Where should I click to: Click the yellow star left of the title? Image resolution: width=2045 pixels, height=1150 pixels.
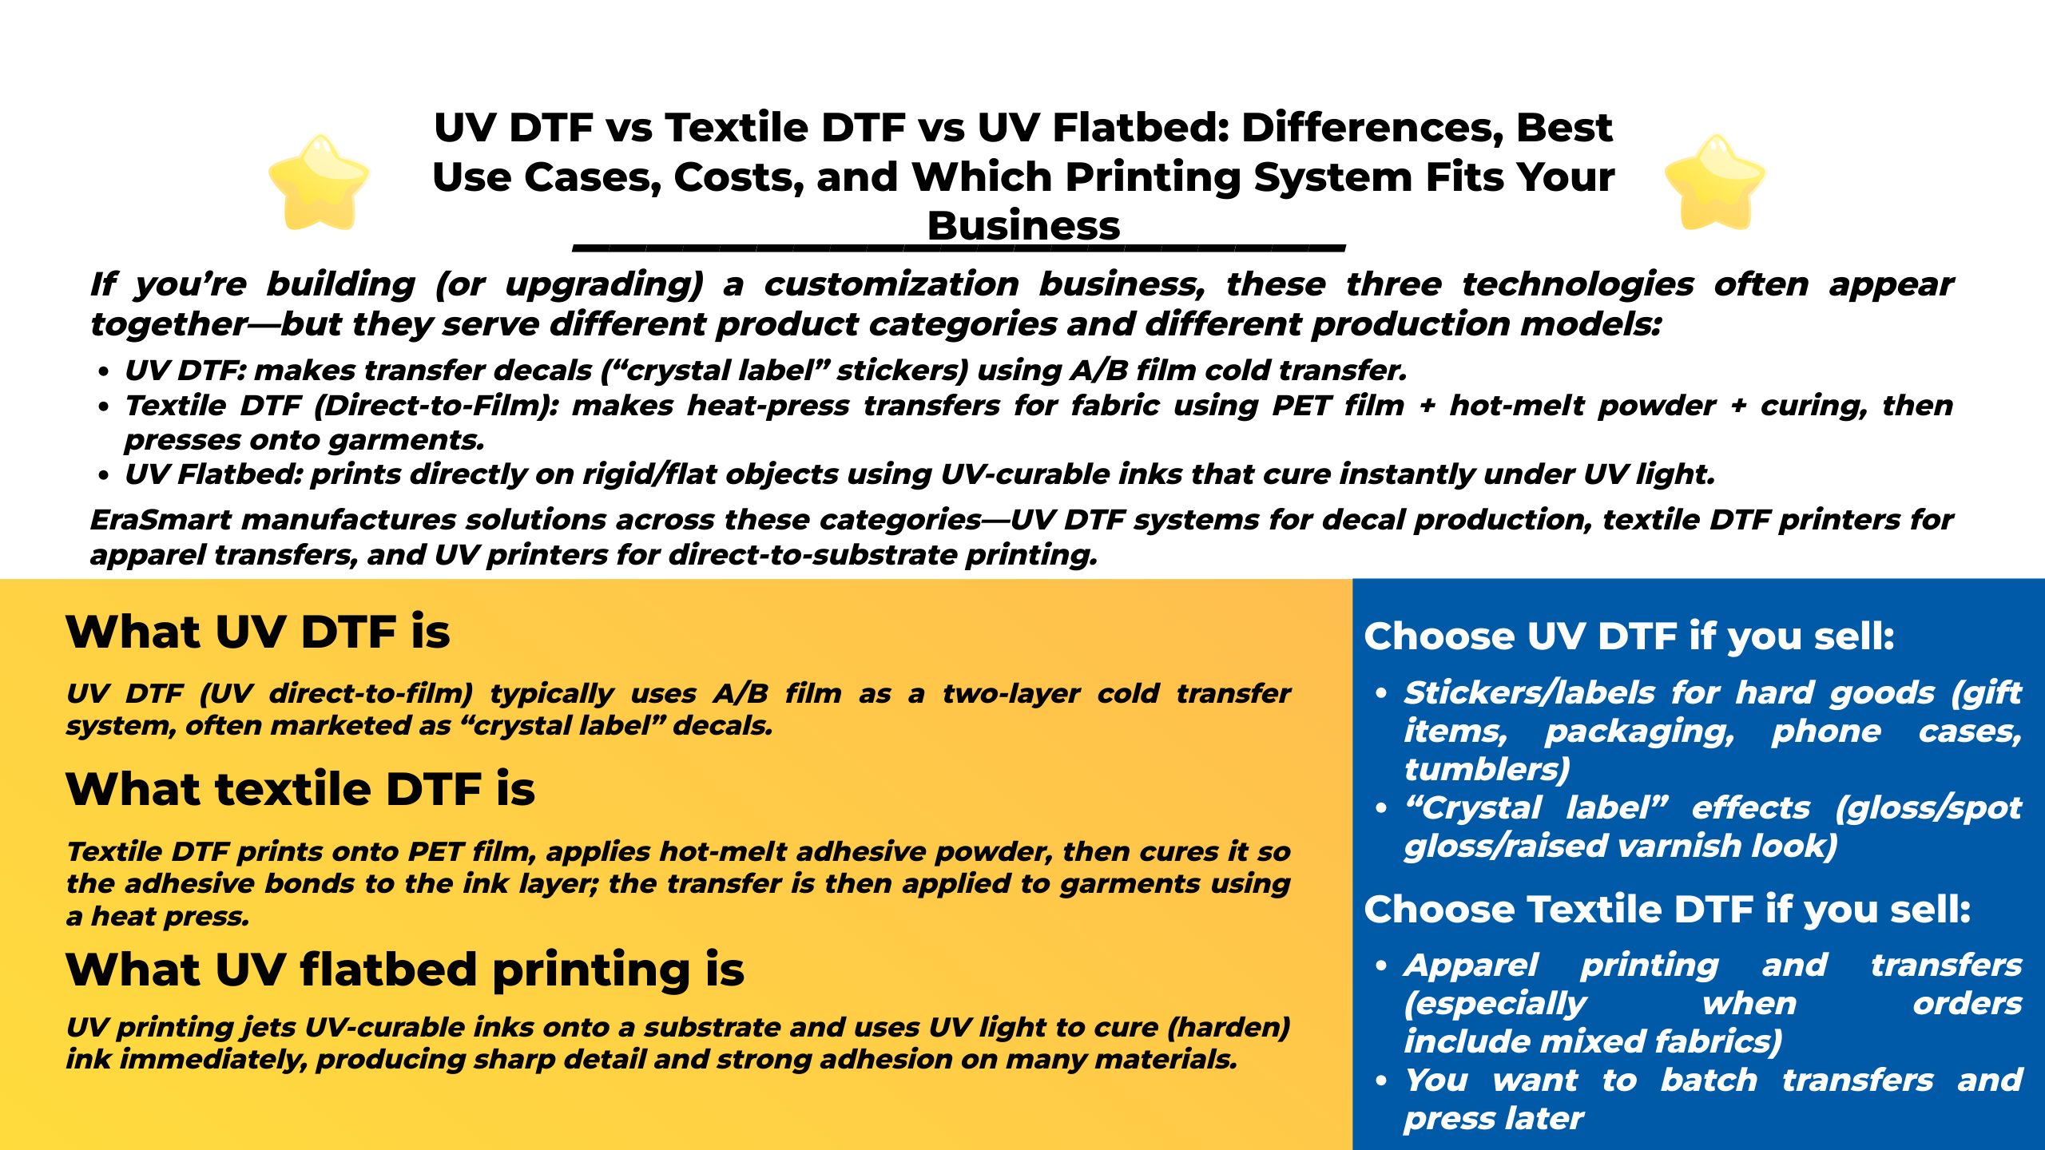pyautogui.click(x=319, y=182)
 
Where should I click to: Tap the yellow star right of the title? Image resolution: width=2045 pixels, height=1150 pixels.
pyautogui.click(x=1714, y=182)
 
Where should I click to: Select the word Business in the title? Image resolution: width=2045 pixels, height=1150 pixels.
pyautogui.click(x=1023, y=226)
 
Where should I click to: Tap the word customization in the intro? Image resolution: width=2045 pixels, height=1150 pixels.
pyautogui.click(x=891, y=284)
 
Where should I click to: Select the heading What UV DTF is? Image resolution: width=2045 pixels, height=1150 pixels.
pyautogui.click(x=258, y=632)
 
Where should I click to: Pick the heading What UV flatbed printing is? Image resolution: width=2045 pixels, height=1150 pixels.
pyautogui.click(x=405, y=970)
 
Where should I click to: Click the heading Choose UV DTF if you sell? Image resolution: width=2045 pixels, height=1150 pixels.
pyautogui.click(x=1629, y=636)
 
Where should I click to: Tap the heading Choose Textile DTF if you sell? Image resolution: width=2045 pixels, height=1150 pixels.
pyautogui.click(x=1667, y=910)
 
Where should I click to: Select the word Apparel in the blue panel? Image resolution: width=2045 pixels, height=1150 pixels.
pyautogui.click(x=1471, y=966)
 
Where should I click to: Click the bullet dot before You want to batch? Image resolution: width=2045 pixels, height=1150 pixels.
pyautogui.click(x=1381, y=1081)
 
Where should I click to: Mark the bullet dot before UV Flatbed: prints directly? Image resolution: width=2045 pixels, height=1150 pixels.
pyautogui.click(x=103, y=476)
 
